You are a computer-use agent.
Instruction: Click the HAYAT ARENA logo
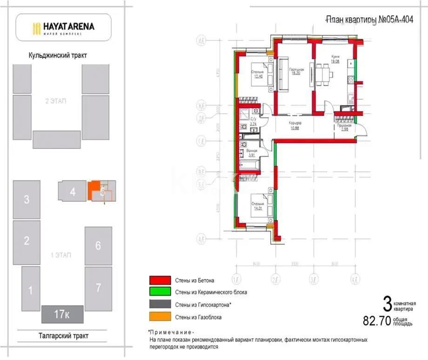click(x=63, y=27)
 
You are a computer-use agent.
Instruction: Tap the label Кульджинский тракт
click(x=58, y=55)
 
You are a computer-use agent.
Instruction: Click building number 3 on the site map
click(x=27, y=200)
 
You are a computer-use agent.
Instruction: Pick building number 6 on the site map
click(x=98, y=246)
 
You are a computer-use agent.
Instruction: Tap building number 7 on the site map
click(x=98, y=288)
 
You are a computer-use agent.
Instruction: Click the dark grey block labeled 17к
click(x=62, y=314)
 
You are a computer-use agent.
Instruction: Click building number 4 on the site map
click(x=72, y=191)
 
